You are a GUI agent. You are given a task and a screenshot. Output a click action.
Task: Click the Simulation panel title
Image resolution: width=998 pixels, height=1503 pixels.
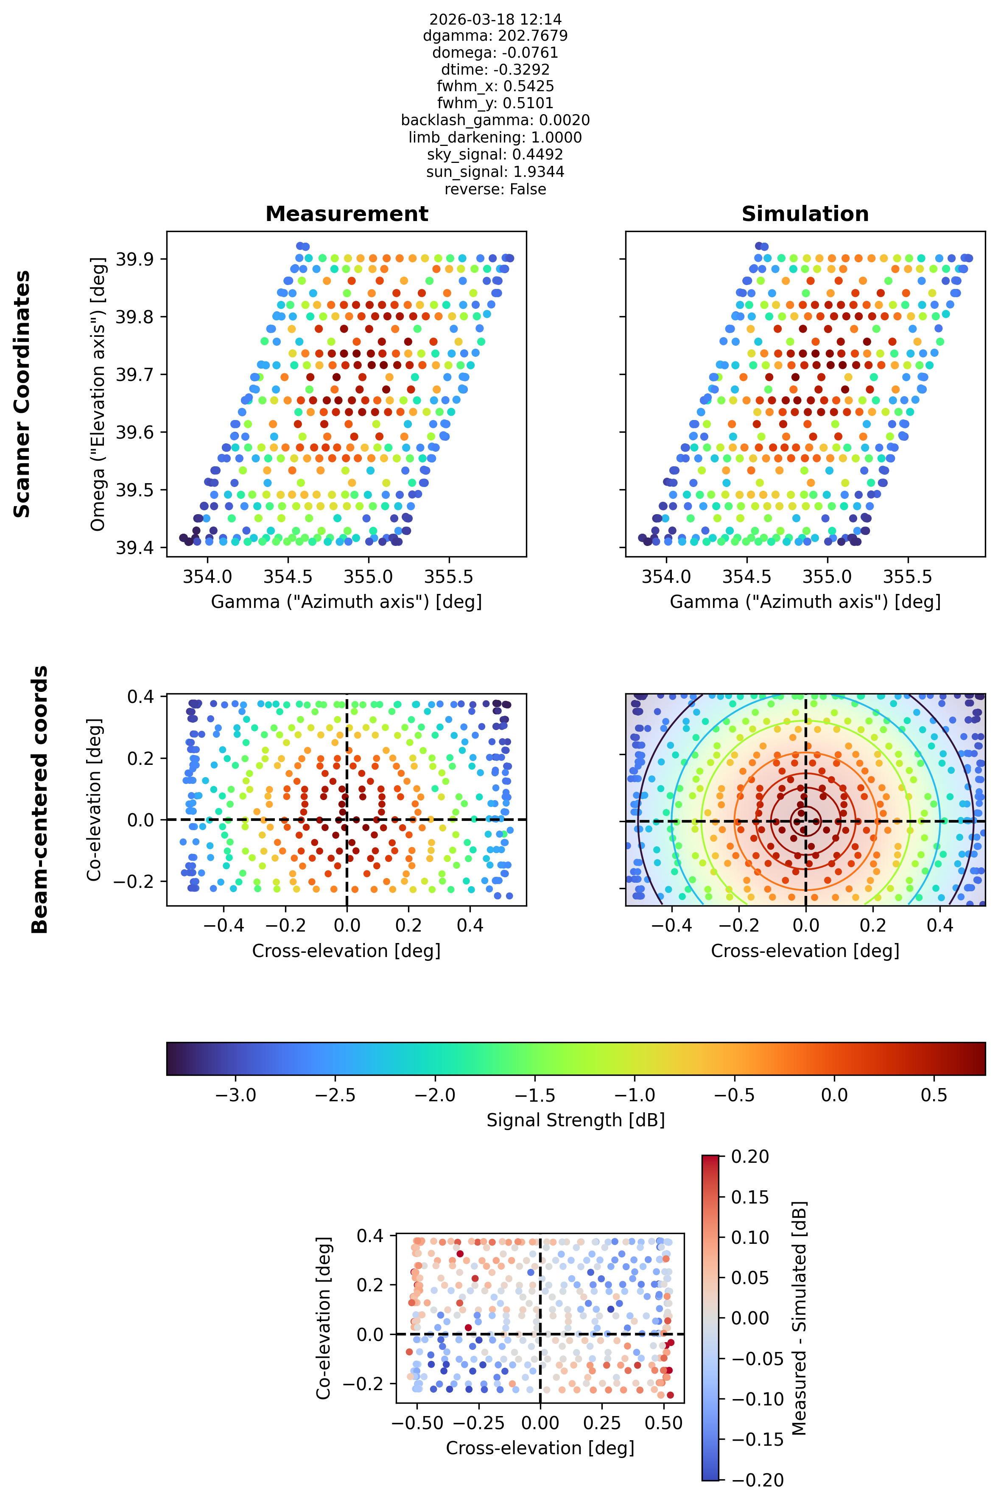click(805, 214)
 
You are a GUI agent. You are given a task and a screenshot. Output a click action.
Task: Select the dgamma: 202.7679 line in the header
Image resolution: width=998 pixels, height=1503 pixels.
click(495, 36)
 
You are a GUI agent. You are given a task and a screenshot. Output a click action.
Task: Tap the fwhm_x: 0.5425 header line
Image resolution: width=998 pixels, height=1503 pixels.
click(495, 86)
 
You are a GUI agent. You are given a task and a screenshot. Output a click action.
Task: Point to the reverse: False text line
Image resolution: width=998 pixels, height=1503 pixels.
click(495, 189)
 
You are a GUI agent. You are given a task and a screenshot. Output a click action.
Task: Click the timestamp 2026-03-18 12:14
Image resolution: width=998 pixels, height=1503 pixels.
click(495, 19)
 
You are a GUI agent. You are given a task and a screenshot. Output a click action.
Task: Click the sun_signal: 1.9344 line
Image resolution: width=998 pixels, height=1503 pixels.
click(495, 172)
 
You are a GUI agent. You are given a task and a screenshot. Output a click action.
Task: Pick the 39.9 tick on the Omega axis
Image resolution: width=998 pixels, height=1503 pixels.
click(134, 259)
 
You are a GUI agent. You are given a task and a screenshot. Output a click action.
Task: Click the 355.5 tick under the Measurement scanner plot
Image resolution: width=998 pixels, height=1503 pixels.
click(449, 577)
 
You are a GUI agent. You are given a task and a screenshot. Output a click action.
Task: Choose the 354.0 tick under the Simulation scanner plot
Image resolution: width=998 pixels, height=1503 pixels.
click(666, 577)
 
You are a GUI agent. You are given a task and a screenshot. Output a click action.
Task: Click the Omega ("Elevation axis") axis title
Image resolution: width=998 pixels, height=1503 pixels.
click(98, 394)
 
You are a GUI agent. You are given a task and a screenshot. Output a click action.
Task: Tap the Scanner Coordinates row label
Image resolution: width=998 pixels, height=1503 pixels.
click(22, 394)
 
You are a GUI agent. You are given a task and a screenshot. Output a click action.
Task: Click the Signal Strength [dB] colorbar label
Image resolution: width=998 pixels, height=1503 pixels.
click(576, 1120)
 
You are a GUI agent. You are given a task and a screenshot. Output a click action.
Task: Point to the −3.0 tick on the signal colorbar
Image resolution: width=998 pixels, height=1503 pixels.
click(236, 1095)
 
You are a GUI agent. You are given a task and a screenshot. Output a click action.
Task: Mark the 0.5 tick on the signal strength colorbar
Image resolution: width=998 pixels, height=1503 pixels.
click(934, 1095)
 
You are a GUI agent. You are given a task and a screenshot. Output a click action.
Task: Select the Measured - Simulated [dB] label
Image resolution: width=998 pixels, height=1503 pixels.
click(800, 1318)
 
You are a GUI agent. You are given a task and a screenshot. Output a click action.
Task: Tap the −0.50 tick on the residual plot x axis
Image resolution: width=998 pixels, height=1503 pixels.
click(417, 1423)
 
